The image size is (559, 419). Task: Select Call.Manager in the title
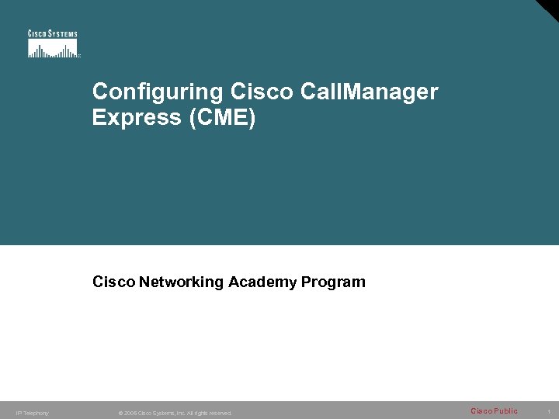[363, 92]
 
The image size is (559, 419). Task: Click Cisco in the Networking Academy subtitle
[113, 282]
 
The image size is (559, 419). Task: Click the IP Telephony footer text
[32, 413]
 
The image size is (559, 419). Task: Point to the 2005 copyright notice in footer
[175, 413]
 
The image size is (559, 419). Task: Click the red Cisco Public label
[494, 410]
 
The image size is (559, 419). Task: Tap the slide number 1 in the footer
[549, 411]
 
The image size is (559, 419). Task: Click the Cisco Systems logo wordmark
[53, 33]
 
